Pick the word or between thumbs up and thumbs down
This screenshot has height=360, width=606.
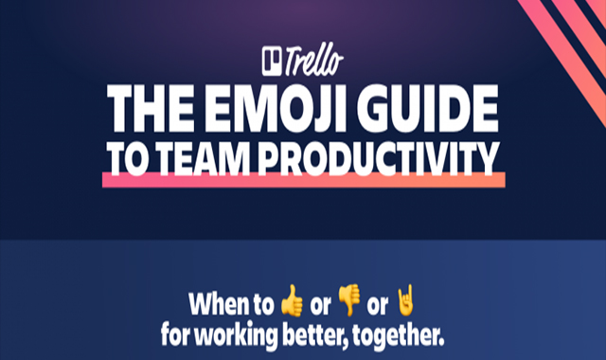click(x=320, y=306)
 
